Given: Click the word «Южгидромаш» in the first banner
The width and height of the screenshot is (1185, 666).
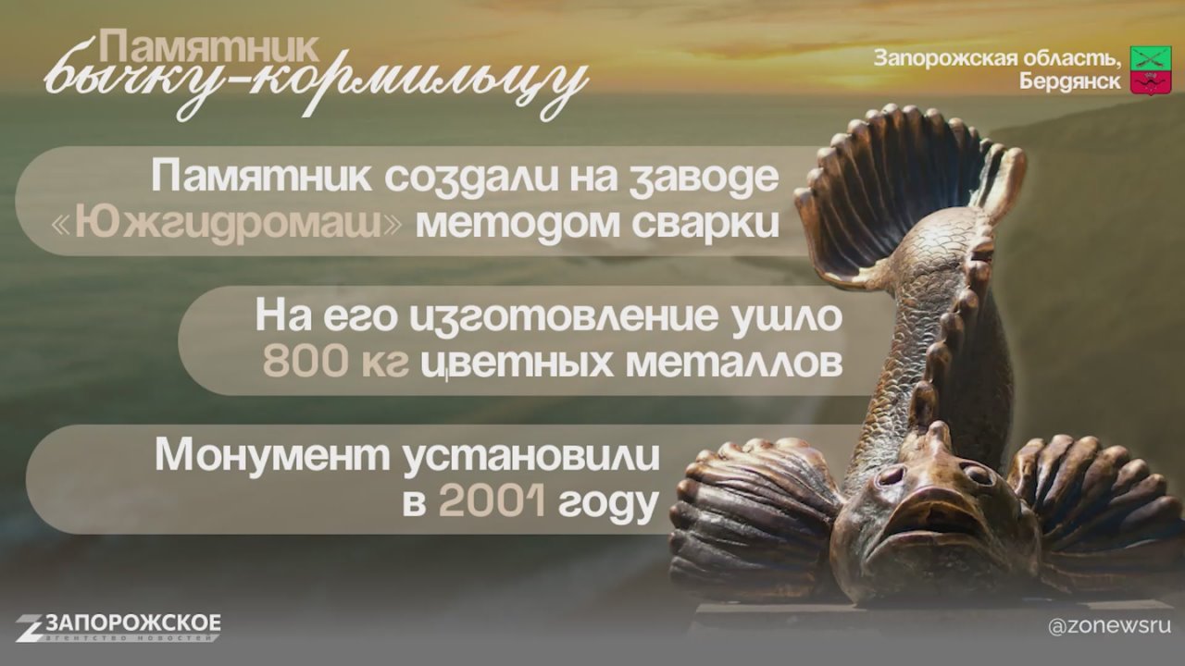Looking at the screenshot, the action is point(227,224).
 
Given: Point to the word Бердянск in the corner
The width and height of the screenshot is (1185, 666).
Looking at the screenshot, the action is point(1069,81).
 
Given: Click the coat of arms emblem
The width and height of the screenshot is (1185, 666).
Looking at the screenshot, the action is point(1143,69).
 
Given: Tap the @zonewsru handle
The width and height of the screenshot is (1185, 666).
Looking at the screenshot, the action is point(1109,626).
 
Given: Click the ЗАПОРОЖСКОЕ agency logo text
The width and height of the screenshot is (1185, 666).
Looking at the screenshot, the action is point(133,623).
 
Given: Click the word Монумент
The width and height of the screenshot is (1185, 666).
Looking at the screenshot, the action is point(272,456).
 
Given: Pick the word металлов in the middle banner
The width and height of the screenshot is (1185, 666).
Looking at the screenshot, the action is point(734,363).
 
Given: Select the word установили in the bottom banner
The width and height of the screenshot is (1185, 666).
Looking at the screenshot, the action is point(531,457).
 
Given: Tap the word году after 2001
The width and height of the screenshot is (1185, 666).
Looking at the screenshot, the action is point(608,502).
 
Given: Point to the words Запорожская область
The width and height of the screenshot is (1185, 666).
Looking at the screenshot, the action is point(997,58).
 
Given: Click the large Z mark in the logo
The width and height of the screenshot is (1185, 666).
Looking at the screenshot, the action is point(31,627).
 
